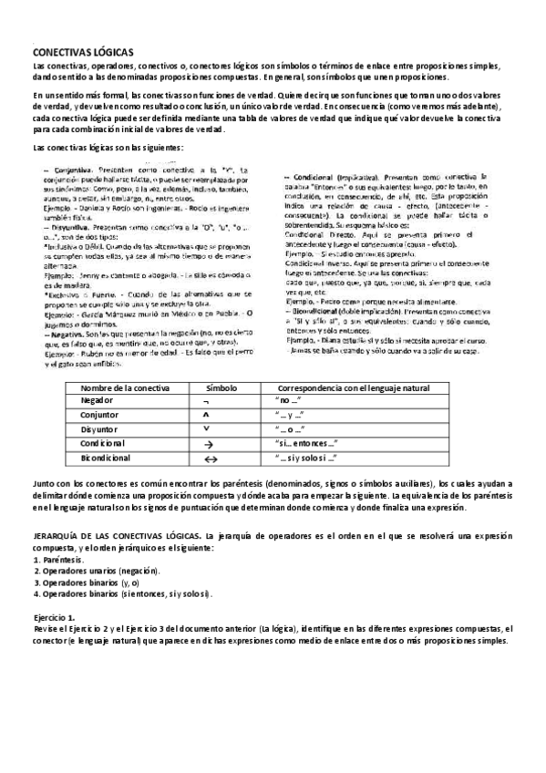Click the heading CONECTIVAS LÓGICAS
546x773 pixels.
pos(83,53)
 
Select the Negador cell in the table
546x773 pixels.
pos(98,400)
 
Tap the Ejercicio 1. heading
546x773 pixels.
pos(53,618)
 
